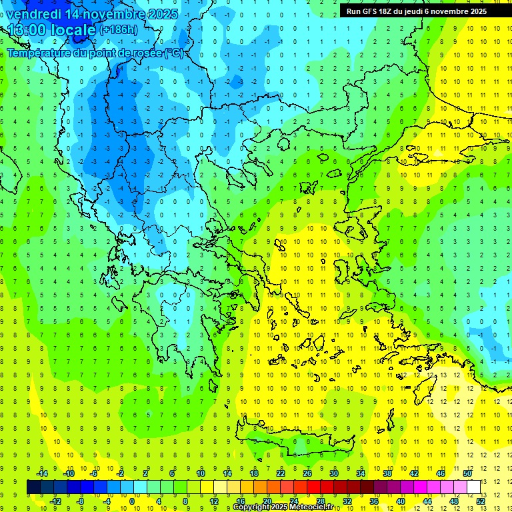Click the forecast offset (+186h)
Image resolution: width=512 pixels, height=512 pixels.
[x=119, y=30]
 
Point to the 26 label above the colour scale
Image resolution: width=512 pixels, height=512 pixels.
[x=307, y=473]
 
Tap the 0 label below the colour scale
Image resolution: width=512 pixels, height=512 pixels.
[x=131, y=501]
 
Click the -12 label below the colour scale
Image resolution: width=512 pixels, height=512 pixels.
[x=55, y=501]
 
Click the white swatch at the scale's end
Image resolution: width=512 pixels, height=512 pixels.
[x=473, y=487]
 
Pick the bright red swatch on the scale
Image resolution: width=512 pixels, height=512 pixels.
[x=313, y=487]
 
